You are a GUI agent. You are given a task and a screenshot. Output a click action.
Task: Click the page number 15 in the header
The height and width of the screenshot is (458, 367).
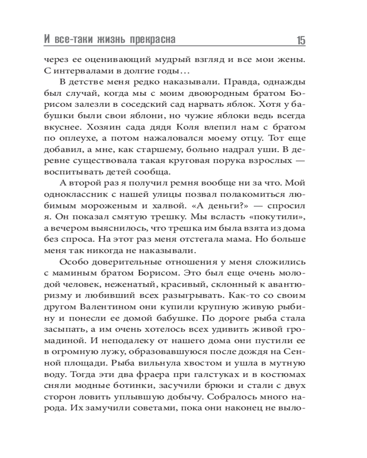[300, 40]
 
